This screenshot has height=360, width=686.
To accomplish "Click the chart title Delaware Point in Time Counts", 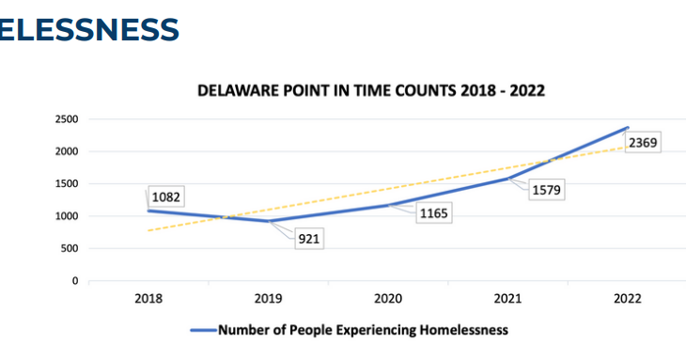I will tap(371, 91).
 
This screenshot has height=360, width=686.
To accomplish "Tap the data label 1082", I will tap(165, 197).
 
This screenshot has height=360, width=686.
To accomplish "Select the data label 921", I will tap(310, 239).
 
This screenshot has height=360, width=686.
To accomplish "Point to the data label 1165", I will tap(434, 213).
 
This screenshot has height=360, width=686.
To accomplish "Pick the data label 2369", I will tap(645, 144).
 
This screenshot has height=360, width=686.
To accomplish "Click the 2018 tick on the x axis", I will tap(148, 299).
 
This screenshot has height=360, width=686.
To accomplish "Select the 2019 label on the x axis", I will tap(268, 299).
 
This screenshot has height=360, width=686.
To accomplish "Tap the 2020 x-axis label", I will tap(387, 299).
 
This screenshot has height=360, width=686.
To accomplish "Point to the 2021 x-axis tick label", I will tap(507, 299).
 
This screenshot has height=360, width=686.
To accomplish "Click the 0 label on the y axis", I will tap(74, 281).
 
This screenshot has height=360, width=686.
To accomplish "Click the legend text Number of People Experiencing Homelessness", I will tap(363, 330).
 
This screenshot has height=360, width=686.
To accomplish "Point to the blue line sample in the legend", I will tap(203, 330).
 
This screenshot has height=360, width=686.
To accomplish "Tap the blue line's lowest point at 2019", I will tap(268, 221).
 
